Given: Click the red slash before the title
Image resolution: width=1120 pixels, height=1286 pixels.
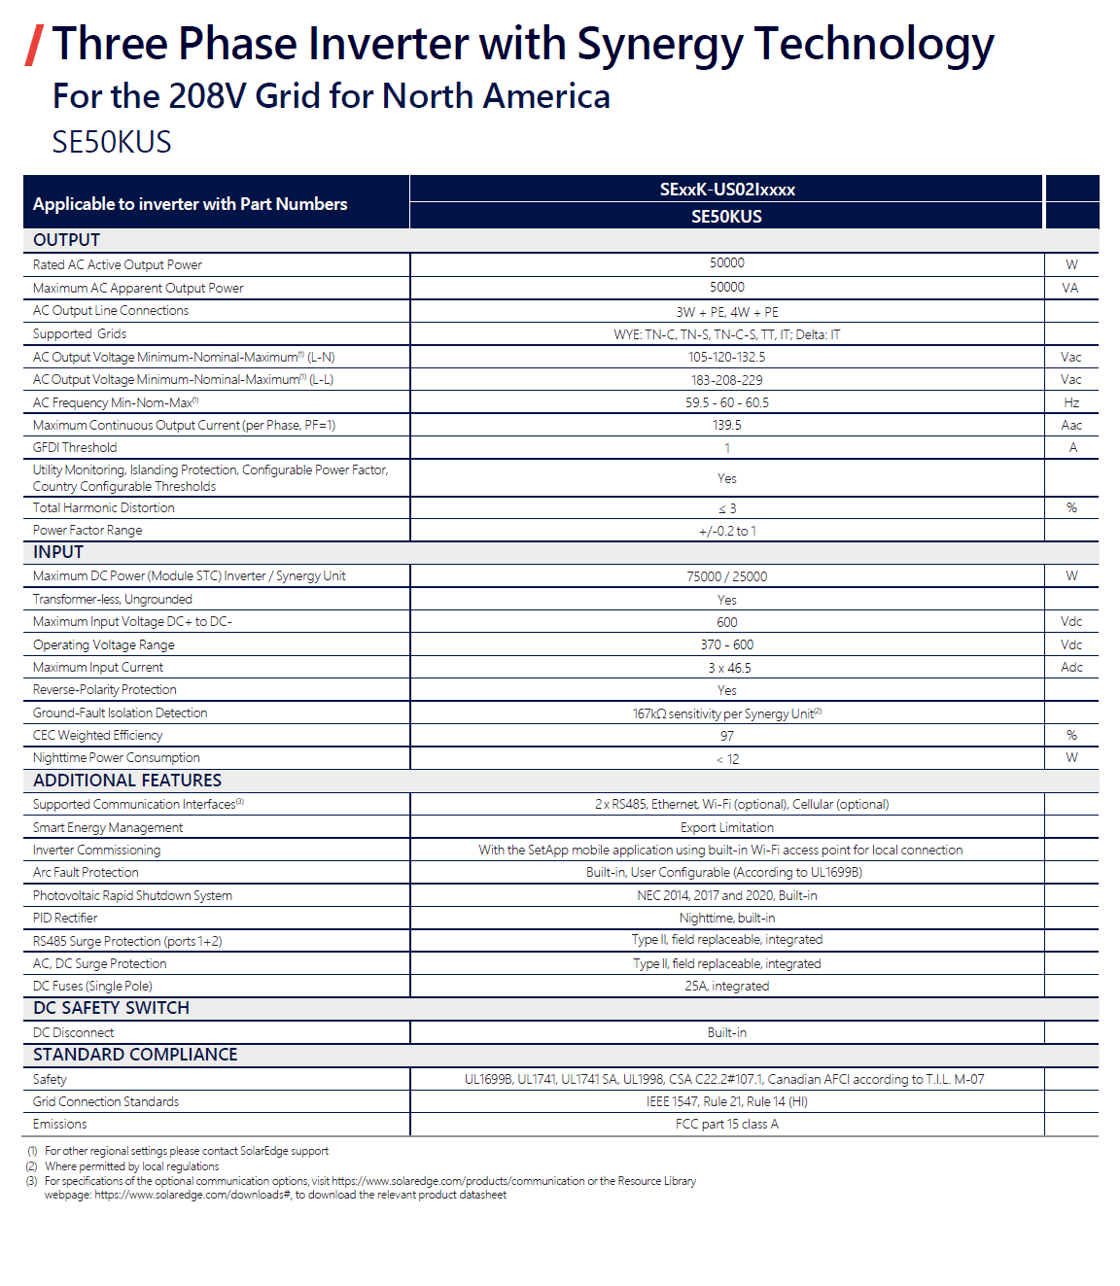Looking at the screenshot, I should (34, 45).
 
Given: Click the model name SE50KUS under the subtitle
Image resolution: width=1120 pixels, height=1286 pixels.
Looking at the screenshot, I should (112, 143).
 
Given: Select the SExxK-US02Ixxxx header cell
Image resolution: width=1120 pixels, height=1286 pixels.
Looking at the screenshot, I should (726, 190).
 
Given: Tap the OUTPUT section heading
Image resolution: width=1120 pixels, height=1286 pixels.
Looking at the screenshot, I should (66, 240).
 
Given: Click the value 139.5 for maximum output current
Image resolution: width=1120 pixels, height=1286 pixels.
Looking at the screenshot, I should (726, 426).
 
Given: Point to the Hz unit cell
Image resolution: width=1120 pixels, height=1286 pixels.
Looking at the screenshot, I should (1070, 402).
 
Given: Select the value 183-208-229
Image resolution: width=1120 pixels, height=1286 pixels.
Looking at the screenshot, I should (726, 380).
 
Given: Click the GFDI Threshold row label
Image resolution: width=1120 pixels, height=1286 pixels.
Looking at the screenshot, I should (75, 448).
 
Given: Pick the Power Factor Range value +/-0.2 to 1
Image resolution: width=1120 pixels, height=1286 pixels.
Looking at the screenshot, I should (726, 531).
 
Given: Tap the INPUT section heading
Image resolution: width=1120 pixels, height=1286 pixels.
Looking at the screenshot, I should (58, 552).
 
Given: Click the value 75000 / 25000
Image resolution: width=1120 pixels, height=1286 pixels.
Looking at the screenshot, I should (726, 576).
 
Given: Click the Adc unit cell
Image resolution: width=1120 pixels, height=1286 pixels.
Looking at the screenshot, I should (1071, 668).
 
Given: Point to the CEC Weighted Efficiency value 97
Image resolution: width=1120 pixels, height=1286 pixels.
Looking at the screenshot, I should (726, 736).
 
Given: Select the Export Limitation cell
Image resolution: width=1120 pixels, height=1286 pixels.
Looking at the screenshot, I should (726, 828).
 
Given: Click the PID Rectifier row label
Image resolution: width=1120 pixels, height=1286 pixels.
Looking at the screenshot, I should (65, 919).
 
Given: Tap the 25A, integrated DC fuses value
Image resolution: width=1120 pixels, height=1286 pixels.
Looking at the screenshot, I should (726, 987).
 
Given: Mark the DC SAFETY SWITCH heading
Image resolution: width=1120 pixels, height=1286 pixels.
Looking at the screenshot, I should (111, 1008).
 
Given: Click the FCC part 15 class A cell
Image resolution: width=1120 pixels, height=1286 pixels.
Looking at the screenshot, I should (726, 1125).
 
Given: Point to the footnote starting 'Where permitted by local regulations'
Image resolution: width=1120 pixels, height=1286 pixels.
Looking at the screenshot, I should (132, 1166).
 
